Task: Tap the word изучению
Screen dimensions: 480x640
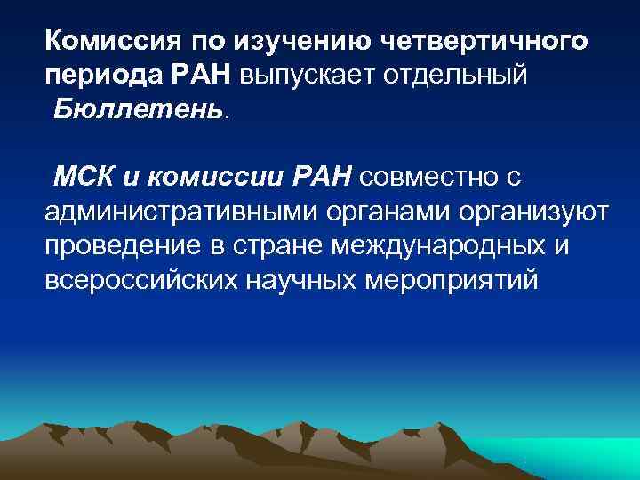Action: tap(293, 41)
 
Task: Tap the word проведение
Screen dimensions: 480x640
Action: tap(124, 245)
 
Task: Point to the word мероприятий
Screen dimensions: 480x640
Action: tap(450, 280)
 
